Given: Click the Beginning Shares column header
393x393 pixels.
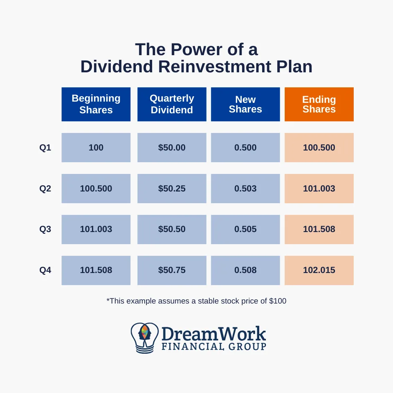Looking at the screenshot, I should point(96,104).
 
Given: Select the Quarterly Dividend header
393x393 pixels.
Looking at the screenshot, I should point(172,104).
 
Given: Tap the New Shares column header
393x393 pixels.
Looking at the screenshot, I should point(245,104).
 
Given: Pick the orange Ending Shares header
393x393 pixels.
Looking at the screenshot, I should point(319,104).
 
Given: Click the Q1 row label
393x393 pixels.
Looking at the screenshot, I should point(45,148).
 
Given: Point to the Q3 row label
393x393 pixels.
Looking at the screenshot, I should point(45,230).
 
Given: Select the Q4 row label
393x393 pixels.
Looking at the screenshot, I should point(45,271).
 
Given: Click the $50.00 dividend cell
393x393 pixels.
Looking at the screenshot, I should point(172,148).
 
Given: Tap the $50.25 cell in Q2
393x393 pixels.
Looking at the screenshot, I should point(172,189).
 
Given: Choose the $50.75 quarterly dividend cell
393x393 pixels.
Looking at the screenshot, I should point(172,271).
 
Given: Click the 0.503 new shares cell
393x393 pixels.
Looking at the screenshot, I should point(245,189).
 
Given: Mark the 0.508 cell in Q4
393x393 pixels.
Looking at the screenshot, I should point(245,271).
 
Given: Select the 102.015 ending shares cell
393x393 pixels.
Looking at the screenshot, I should point(319,271).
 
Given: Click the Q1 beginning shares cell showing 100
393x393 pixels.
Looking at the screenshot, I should point(96,148).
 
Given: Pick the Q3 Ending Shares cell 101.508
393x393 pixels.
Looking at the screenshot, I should point(319,230).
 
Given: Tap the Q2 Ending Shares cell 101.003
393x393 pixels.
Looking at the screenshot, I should point(319,189).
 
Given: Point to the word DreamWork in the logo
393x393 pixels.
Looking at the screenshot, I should point(213,334).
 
